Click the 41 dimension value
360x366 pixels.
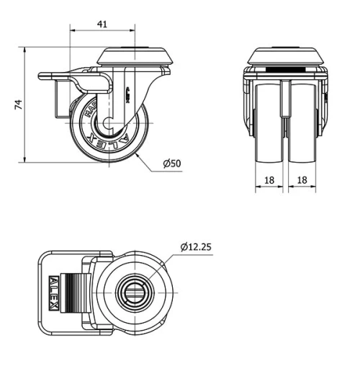coord(102,24)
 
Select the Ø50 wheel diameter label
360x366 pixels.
coord(171,164)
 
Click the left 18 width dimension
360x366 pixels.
coord(269,179)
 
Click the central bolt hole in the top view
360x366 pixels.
coord(136,292)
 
